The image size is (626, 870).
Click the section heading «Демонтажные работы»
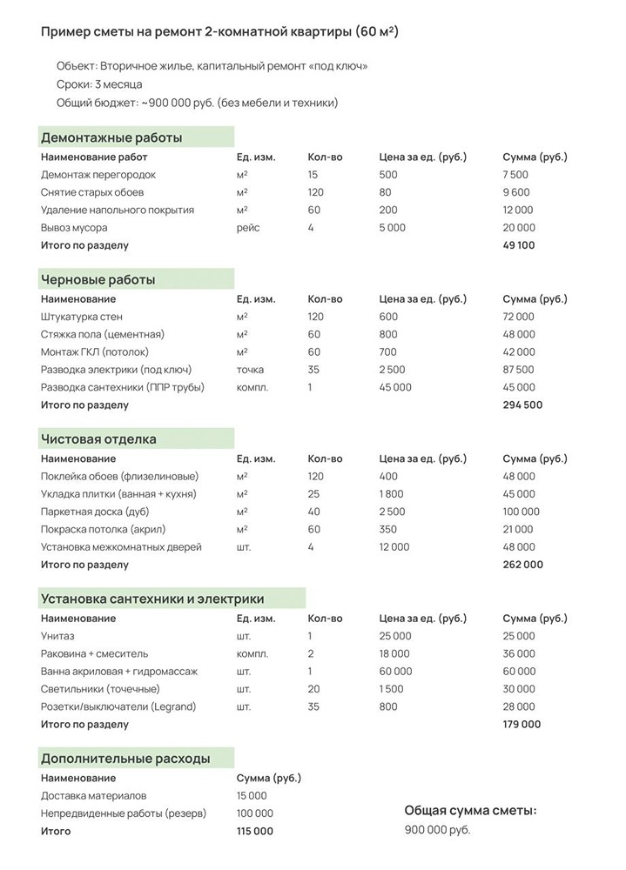pos(111,137)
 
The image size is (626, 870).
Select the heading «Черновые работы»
pos(98,279)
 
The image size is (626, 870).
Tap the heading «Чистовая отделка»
pos(98,438)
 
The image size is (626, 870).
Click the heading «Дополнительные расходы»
pos(125,758)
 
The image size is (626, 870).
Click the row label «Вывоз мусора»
pos(74,228)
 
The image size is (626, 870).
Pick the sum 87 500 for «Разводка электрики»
pos(519,370)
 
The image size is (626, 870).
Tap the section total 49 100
pos(519,245)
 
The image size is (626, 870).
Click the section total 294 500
pos(522,405)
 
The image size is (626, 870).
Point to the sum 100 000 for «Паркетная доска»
pos(522,512)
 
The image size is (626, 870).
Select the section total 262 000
pos(522,565)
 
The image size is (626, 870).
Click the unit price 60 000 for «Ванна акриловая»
pos(396,672)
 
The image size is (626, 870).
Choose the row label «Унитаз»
pos(57,636)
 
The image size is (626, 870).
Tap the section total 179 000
pos(522,725)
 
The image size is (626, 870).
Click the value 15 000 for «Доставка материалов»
pos(252,796)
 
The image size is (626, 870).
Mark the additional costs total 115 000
pos(255,832)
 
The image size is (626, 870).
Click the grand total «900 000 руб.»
pos(437,830)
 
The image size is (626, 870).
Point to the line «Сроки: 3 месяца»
pos(99,84)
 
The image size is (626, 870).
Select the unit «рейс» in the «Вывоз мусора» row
pos(248,228)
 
